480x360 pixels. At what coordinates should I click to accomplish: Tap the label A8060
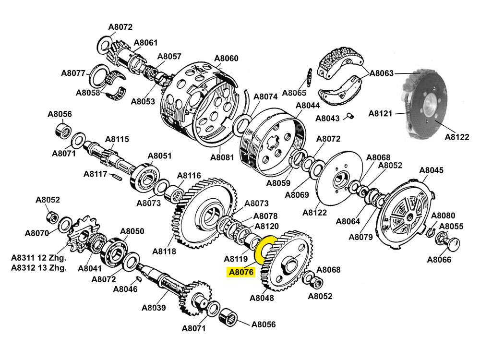pyautogui.click(x=226, y=59)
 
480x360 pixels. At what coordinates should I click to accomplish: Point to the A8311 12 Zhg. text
pyautogui.click(x=39, y=258)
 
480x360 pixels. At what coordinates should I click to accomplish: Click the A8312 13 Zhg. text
pyautogui.click(x=39, y=268)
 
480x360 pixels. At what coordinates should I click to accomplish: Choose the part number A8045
pyautogui.click(x=432, y=170)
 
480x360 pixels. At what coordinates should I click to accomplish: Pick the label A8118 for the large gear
pyautogui.click(x=164, y=251)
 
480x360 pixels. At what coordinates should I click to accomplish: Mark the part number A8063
pyautogui.click(x=381, y=73)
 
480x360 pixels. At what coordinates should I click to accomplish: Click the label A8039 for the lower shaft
pyautogui.click(x=154, y=308)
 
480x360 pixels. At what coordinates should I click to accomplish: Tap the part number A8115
pyautogui.click(x=117, y=140)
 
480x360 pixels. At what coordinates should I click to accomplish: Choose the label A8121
pyautogui.click(x=381, y=114)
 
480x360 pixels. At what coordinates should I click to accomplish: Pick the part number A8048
pyautogui.click(x=262, y=298)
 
